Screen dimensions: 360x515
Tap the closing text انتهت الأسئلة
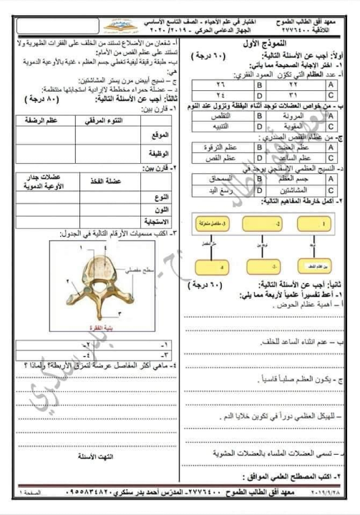pyautogui.click(x=90, y=455)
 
